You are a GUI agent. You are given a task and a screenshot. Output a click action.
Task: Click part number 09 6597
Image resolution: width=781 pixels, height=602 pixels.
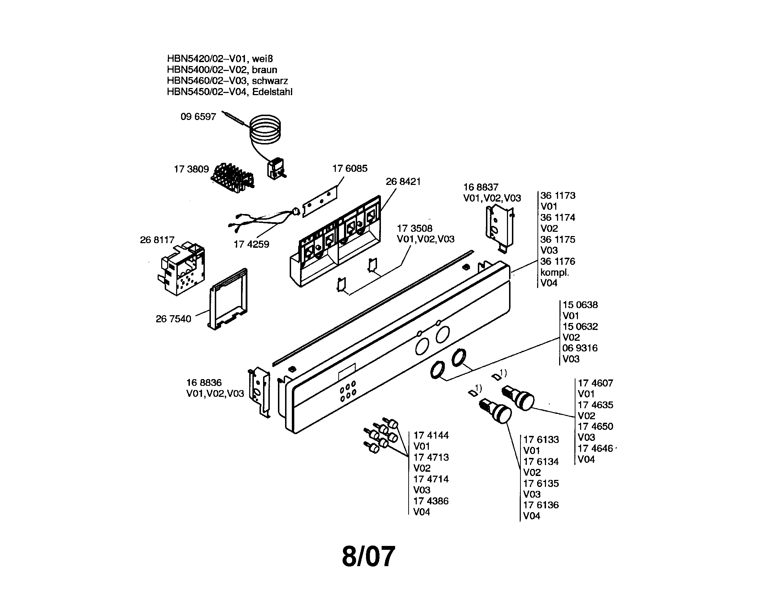pos(198,117)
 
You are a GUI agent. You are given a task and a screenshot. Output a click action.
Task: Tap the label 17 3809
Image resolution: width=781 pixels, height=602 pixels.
pos(191,169)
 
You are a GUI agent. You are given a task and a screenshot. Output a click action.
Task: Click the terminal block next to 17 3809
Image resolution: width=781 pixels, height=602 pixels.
pos(233,178)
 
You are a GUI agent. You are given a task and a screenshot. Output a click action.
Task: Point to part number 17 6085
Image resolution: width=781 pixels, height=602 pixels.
pos(350,168)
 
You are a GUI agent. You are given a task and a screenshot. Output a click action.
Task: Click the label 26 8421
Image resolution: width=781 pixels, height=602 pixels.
pos(403,182)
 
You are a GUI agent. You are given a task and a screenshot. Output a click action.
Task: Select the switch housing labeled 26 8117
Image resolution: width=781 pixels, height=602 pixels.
pos(182,268)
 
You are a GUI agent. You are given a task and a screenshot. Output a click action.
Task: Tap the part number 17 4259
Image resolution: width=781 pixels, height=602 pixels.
pos(251,245)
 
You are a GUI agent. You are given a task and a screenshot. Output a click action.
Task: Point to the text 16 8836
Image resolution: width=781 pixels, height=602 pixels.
pos(204,383)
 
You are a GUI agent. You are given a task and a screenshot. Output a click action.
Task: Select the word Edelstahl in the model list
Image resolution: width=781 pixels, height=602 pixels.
pos(272,92)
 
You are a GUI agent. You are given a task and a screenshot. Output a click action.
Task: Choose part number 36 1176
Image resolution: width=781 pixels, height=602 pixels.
pos(557,261)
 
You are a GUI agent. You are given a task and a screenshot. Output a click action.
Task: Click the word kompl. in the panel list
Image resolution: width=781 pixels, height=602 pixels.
pos(555,272)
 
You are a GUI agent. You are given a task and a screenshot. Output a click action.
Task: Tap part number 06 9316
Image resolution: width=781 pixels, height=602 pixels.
pos(580,348)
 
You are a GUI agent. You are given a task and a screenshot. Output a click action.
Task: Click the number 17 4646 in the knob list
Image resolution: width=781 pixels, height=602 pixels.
pos(595,448)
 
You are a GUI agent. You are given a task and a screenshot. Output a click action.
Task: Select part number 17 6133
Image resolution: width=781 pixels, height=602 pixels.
pos(541,440)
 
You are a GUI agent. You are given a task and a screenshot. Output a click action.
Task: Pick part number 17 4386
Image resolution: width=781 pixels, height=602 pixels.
pos(431,501)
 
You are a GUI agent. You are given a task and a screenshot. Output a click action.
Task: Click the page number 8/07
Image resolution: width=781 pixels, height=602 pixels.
pos(368,557)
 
